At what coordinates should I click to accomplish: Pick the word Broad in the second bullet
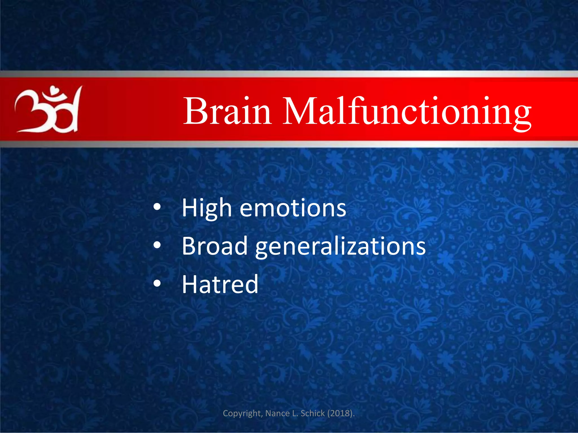point(214,246)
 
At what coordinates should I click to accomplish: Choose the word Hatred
point(220,284)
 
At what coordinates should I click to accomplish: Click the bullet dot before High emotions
point(157,207)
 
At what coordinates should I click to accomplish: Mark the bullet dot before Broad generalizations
point(157,246)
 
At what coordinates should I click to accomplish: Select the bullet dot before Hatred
point(157,283)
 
